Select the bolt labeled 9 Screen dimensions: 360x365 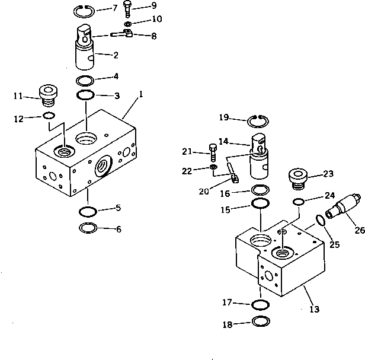(128, 8)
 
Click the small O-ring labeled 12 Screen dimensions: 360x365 (50, 116)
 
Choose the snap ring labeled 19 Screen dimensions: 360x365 (258, 121)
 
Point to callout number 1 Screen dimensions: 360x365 (141, 94)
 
